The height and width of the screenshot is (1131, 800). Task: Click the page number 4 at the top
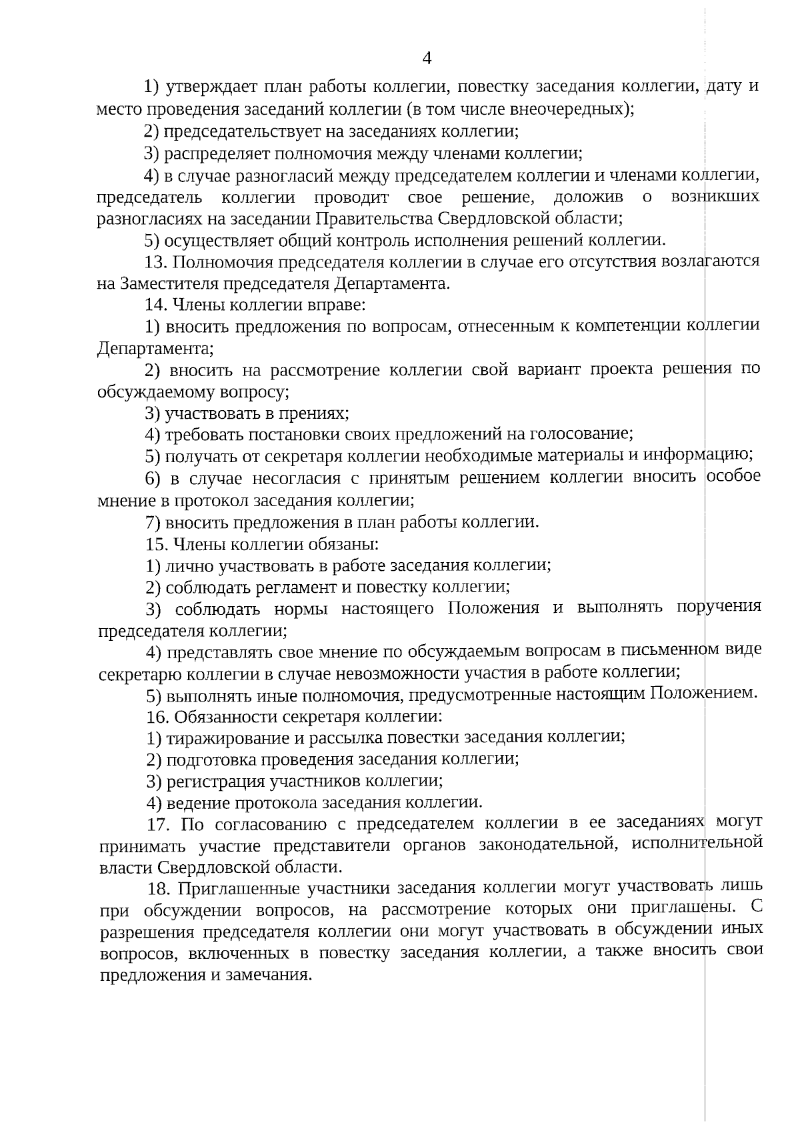pyautogui.click(x=427, y=59)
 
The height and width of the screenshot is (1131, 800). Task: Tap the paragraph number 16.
pyautogui.click(x=156, y=717)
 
